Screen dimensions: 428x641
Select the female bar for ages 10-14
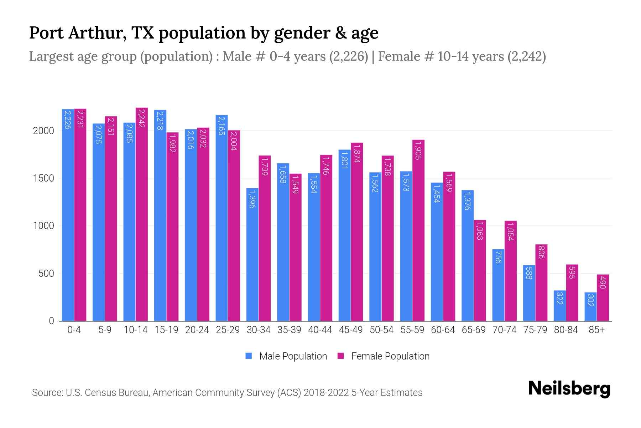142,214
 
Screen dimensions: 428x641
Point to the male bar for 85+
590,307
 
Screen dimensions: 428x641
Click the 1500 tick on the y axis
43,178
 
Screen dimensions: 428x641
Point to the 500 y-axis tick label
46,274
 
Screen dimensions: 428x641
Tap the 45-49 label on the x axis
351,330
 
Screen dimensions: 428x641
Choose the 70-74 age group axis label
504,330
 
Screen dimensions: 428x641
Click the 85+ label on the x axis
596,330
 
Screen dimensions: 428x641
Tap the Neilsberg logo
569,389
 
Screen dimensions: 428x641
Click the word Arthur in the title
96,33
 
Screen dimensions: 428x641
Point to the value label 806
541,252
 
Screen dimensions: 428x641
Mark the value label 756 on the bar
498,257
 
